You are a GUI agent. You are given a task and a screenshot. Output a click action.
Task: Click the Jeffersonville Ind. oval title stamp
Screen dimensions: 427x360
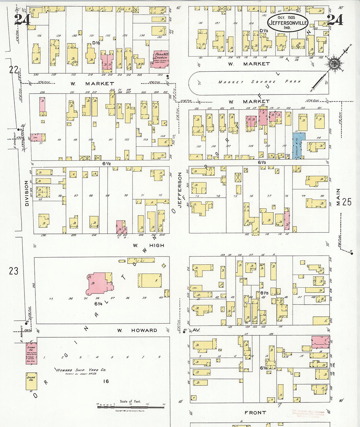pos(288,22)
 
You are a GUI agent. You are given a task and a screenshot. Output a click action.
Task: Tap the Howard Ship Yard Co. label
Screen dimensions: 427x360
pos(81,370)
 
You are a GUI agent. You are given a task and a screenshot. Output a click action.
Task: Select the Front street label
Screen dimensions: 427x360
pos(255,413)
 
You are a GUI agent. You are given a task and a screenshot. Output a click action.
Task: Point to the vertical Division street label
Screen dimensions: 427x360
pos(27,193)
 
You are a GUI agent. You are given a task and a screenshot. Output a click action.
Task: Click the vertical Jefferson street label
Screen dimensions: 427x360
pos(179,190)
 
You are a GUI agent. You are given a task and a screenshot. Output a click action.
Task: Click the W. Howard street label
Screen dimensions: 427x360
pos(137,330)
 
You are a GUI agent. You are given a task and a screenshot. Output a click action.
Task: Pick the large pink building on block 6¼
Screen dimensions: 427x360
pos(98,283)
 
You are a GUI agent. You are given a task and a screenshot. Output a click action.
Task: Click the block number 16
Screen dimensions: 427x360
pos(106,381)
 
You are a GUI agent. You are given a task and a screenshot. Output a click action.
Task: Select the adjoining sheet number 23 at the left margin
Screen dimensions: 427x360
pos(14,271)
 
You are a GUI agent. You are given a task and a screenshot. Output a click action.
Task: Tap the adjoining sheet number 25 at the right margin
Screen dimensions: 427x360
pos(347,202)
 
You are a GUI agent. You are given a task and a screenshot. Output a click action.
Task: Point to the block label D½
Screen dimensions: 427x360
pos(96,43)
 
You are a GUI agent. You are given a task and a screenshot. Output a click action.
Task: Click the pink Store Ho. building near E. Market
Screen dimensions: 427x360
pos(31,353)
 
